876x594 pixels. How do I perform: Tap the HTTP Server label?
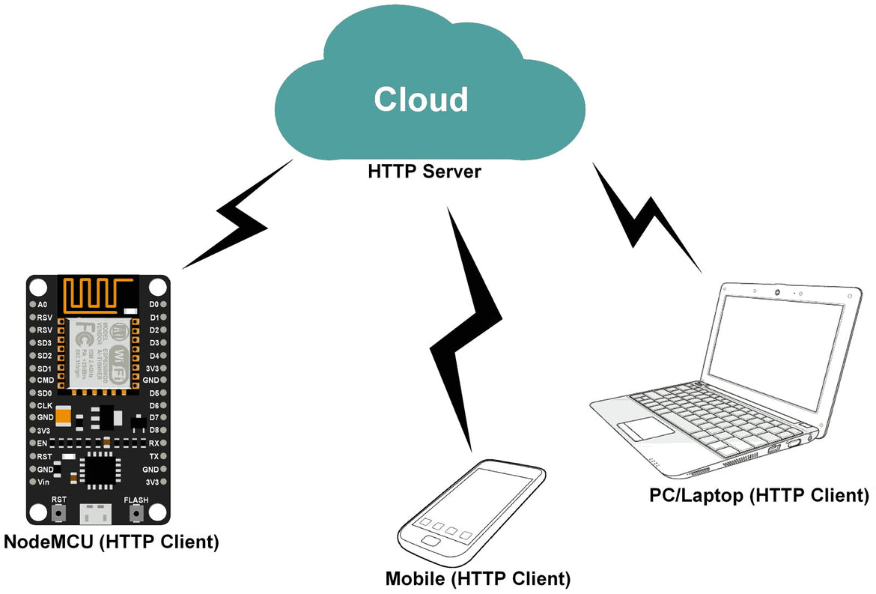tap(424, 172)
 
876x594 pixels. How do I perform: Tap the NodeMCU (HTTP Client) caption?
tap(112, 542)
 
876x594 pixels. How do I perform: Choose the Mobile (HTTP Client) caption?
tap(478, 579)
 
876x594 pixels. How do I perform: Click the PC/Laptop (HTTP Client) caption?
tap(759, 495)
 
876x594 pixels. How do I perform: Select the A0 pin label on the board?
tap(42, 305)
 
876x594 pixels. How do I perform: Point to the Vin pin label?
tap(43, 482)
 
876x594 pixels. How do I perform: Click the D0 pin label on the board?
tap(153, 305)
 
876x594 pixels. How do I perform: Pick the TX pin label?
tap(153, 456)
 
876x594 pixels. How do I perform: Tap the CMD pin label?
tap(45, 381)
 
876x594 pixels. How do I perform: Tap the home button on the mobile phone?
tap(432, 541)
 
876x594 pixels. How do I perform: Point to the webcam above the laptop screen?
tap(779, 291)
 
